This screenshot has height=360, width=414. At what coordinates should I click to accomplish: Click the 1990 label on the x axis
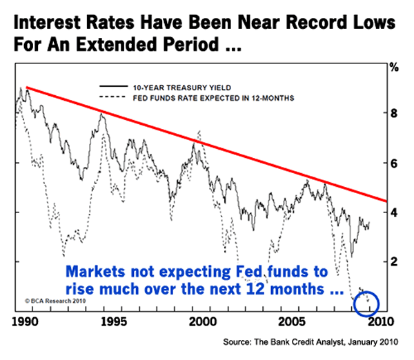pyautogui.click(x=25, y=321)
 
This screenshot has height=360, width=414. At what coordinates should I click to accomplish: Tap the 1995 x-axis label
pyautogui.click(x=114, y=321)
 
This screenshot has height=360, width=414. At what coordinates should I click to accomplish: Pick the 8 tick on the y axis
pyautogui.click(x=395, y=113)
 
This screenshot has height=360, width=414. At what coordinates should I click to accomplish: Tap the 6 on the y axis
pyautogui.click(x=395, y=163)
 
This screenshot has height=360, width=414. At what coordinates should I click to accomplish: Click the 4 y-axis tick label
pyautogui.click(x=395, y=212)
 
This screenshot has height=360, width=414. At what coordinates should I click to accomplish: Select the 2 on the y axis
pyautogui.click(x=395, y=262)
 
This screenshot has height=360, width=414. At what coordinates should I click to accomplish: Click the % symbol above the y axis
pyautogui.click(x=395, y=68)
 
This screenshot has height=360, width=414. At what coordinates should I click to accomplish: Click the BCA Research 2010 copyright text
pyautogui.click(x=50, y=301)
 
